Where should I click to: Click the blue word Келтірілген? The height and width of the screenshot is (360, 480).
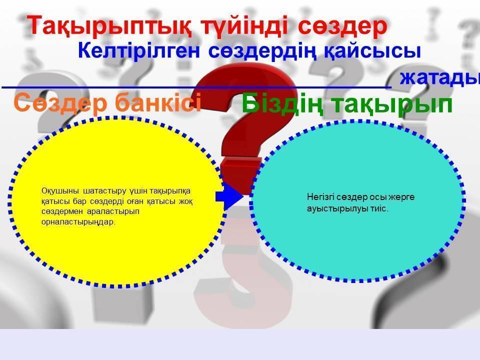coord(139,50)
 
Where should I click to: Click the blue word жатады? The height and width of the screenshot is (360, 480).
coord(440,78)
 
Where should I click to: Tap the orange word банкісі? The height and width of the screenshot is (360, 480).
coord(158,102)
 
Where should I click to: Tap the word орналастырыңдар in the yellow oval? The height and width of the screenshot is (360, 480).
coord(78,222)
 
